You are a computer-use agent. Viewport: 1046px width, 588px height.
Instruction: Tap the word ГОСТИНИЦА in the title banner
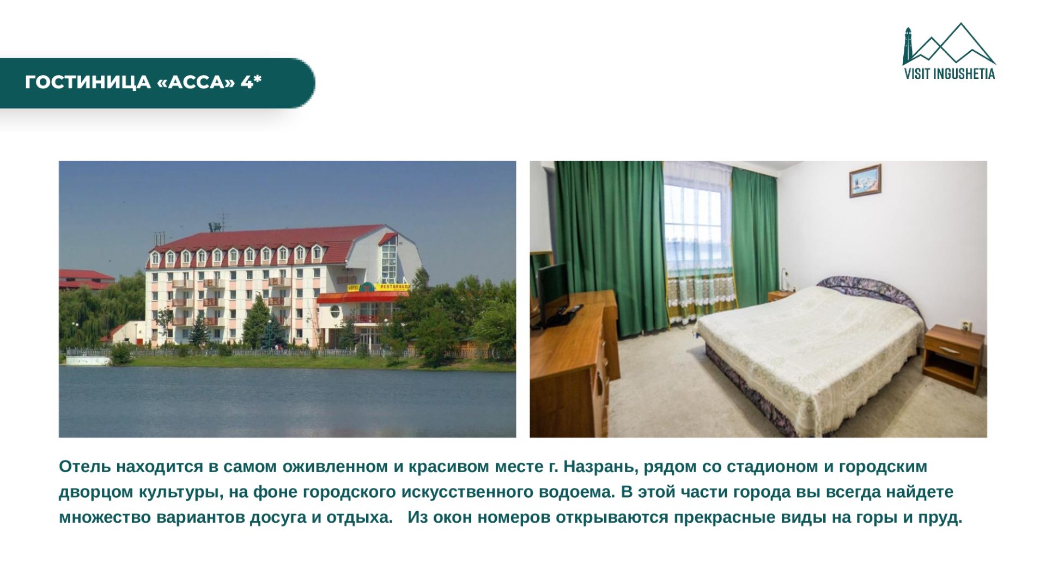[x=88, y=82]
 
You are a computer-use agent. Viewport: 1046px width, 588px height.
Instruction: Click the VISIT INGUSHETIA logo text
[x=950, y=73]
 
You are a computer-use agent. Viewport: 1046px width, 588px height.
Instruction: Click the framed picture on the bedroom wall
[x=865, y=181]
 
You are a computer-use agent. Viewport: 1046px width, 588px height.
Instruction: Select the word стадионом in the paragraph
[x=773, y=467]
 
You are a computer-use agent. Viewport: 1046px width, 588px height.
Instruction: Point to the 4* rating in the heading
[x=251, y=82]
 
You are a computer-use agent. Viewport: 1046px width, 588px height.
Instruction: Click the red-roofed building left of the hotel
[x=86, y=278]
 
